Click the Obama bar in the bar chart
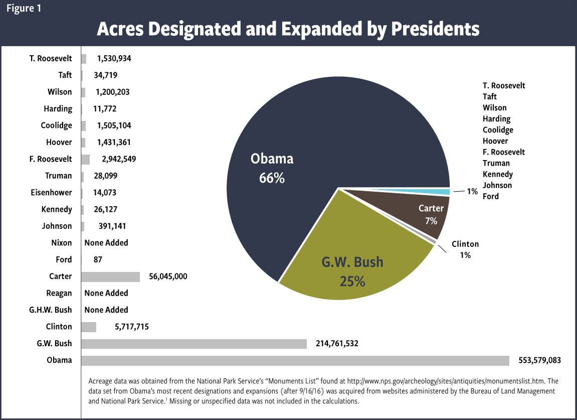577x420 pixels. [295, 360]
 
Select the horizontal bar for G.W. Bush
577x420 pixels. [194, 344]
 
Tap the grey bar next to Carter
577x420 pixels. [110, 276]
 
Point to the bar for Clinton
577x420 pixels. [89, 327]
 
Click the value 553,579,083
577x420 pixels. [535, 360]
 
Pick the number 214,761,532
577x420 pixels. [332, 344]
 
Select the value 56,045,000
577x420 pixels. [168, 276]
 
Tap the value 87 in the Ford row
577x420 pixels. [98, 259]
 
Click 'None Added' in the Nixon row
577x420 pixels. [106, 243]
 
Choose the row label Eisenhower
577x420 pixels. [51, 193]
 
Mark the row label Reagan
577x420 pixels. [59, 293]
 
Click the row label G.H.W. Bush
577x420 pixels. [50, 310]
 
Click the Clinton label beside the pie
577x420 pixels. [465, 244]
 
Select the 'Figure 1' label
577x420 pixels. [24, 9]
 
